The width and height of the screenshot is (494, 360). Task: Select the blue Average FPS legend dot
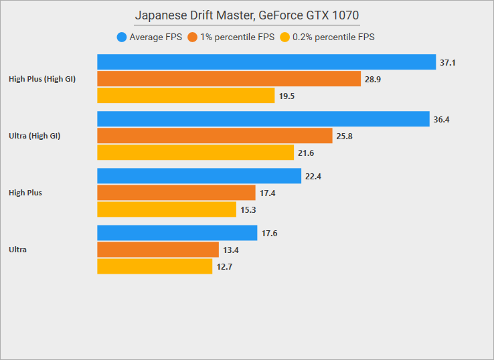[121, 37]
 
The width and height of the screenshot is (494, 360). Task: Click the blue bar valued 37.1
[266, 62]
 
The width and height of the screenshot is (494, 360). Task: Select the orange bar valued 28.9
[229, 79]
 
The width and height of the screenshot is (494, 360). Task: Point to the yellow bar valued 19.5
[185, 96]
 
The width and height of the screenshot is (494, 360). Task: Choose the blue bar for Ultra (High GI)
[263, 119]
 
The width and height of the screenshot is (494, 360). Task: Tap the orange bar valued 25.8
[214, 136]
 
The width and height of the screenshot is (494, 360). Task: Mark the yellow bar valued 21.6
[195, 153]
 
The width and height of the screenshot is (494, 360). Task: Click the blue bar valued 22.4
[199, 176]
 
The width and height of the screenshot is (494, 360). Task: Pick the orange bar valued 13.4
[158, 250]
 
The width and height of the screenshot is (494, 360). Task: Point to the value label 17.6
[270, 234]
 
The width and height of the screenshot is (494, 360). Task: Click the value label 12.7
[224, 267]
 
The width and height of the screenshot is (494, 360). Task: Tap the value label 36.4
[441, 120]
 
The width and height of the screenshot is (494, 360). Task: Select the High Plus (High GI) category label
[42, 79]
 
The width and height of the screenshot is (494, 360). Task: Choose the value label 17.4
[268, 193]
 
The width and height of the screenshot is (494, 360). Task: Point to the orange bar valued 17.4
[176, 193]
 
